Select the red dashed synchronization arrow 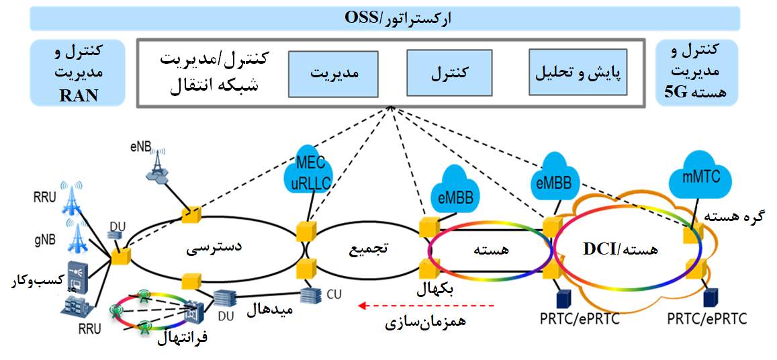pos(426,306)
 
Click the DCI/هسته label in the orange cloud pos(619,249)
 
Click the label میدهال pos(269,310)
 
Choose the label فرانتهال pos(183,337)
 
